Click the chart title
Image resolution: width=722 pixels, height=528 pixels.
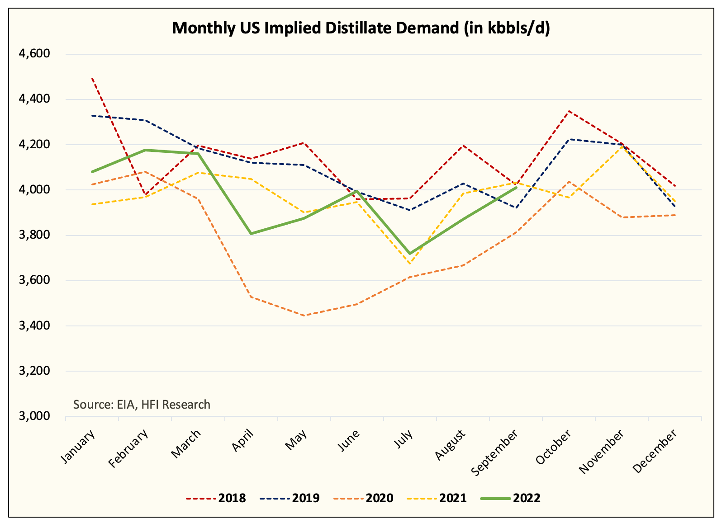tap(361, 28)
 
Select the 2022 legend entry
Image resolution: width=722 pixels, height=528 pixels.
tap(527, 498)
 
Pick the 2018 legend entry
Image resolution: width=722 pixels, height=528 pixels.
tap(232, 498)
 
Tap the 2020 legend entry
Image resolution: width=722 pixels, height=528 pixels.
tap(380, 498)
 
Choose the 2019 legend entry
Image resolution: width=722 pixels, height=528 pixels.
tap(306, 498)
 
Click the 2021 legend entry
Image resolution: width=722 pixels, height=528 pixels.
tap(453, 498)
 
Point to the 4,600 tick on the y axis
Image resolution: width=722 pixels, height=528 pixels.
tap(34, 54)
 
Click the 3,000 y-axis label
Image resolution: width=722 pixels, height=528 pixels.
tap(34, 416)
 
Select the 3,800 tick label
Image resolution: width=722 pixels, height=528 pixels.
tap(34, 235)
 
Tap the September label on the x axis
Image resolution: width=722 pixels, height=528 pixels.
tap(495, 452)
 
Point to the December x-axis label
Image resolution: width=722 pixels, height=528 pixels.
tap(656, 450)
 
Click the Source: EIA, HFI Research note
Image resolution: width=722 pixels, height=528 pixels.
tap(142, 404)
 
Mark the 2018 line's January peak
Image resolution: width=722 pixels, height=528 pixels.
tap(92, 78)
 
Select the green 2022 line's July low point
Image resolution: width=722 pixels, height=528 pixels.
tap(410, 254)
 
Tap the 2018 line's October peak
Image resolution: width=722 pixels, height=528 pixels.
tap(569, 111)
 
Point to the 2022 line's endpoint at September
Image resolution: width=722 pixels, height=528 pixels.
tap(516, 187)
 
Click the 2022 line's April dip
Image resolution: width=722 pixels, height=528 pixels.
tap(251, 234)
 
